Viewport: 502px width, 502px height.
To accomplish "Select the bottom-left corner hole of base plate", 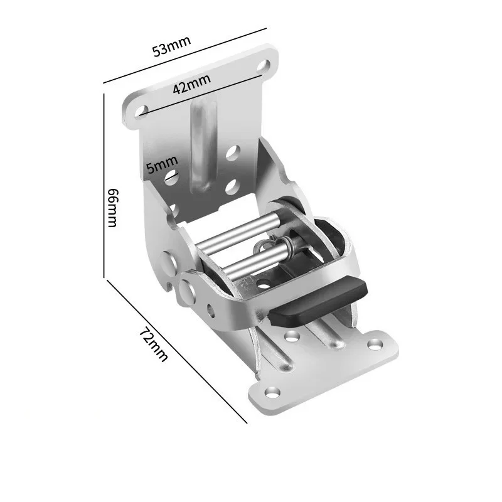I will point(272,392).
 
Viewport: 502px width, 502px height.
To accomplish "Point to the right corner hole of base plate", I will point(375,344).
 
